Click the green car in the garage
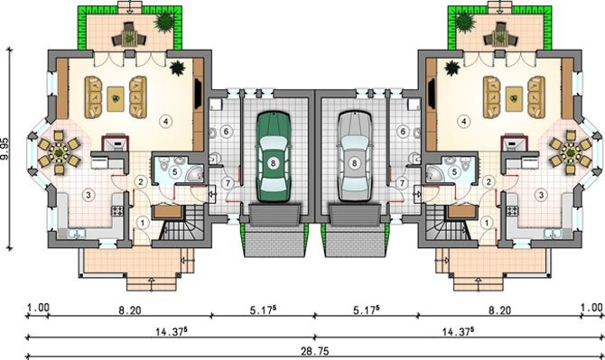pyautogui.click(x=274, y=157)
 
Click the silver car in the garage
pyautogui.click(x=355, y=157)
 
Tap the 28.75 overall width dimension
pyautogui.click(x=315, y=351)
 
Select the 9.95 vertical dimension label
pyautogui.click(x=5, y=149)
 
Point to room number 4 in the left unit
pyautogui.click(x=165, y=122)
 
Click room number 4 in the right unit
pyautogui.click(x=463, y=122)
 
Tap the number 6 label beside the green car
pyautogui.click(x=226, y=132)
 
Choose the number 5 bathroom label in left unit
pyautogui.click(x=175, y=171)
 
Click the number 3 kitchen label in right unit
pyautogui.click(x=541, y=195)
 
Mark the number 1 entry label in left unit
pyautogui.click(x=143, y=223)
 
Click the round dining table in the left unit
pyautogui.click(x=59, y=152)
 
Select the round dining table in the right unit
pyautogui.click(x=571, y=152)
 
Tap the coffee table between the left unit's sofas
pyautogui.click(x=116, y=99)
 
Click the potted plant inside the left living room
pyautogui.click(x=177, y=69)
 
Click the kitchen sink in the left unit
pyautogui.click(x=77, y=234)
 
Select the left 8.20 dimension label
pyautogui.click(x=130, y=310)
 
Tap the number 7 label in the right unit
pyautogui.click(x=402, y=183)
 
